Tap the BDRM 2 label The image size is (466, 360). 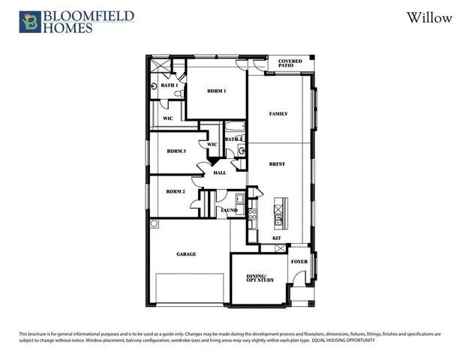[x=176, y=191]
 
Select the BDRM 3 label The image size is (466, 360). [x=176, y=151]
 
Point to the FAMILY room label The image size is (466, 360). [x=278, y=114]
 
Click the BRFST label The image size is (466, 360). [x=278, y=163]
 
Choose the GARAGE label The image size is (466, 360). [x=186, y=254]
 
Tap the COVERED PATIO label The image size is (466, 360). [x=290, y=64]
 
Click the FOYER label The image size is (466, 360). [x=299, y=262]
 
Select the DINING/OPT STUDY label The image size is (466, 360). [x=260, y=278]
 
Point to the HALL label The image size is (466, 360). [x=220, y=173]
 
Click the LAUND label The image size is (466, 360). [x=230, y=211]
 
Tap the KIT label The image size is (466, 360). [x=277, y=238]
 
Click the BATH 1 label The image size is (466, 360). [x=169, y=85]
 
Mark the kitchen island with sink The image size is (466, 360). [x=279, y=213]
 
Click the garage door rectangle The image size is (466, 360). [x=190, y=289]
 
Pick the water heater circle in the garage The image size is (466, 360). [x=155, y=223]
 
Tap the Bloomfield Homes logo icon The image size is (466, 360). [x=30, y=22]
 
